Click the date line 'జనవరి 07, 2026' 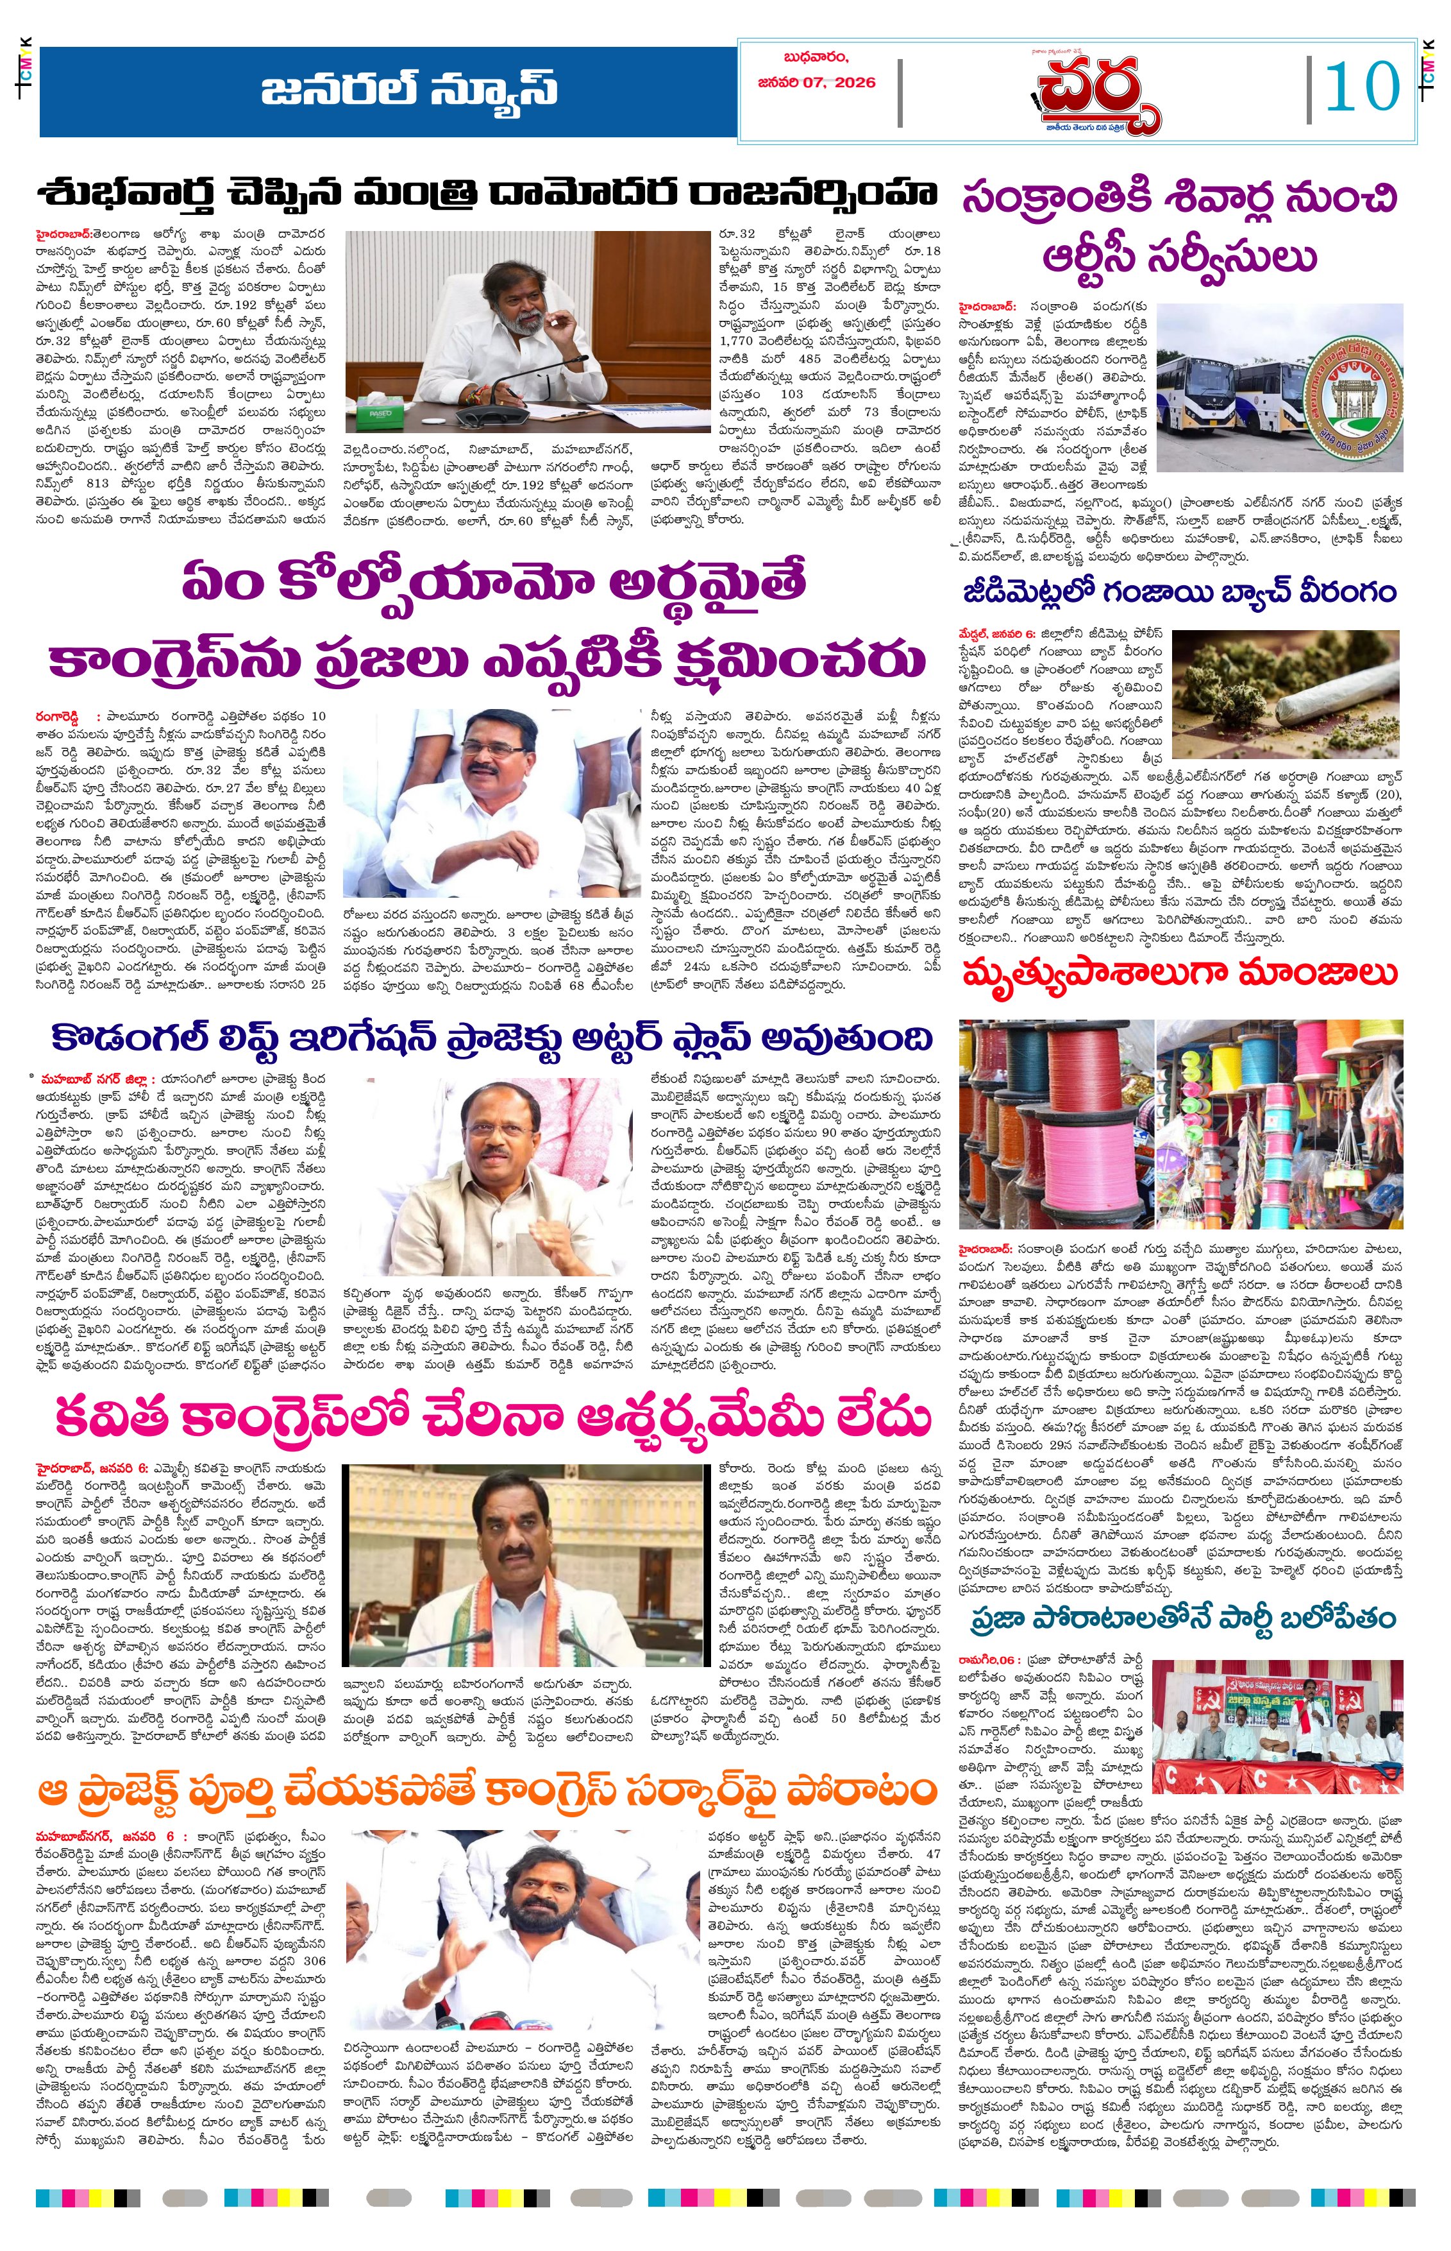[x=816, y=82]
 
